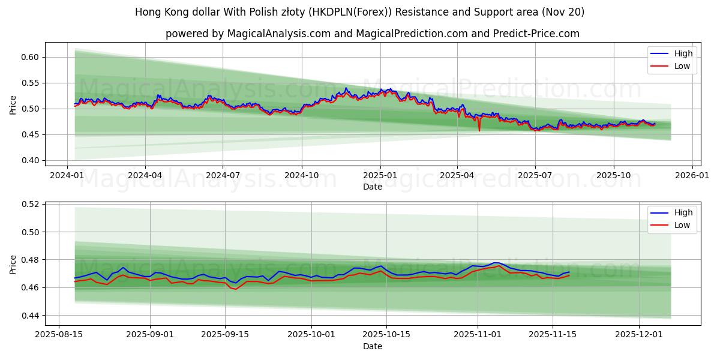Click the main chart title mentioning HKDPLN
point(359,12)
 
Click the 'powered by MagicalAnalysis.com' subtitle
point(372,34)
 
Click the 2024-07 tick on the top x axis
point(223,175)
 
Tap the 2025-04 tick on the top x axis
point(457,175)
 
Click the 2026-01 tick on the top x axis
point(692,175)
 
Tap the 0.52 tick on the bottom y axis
point(29,204)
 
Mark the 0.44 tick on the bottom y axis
point(29,316)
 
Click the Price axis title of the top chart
point(13,104)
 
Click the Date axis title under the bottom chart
point(373,347)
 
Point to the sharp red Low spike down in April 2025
point(479,130)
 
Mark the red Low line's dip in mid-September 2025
point(236,289)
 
